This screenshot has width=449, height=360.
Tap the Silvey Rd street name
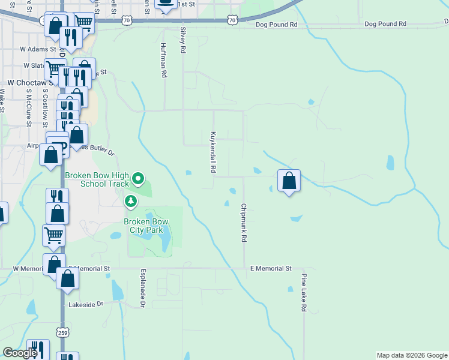point(182,40)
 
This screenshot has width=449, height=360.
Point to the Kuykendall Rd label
point(213,152)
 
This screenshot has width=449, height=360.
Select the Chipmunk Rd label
point(244,223)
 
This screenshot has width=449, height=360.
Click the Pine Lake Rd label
point(304,293)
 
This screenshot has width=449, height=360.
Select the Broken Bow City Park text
point(146,226)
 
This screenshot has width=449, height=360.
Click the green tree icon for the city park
point(130,201)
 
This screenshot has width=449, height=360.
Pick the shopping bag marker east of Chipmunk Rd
point(289,181)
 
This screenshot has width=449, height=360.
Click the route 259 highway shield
point(63,332)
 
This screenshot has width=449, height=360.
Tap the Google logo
point(20,353)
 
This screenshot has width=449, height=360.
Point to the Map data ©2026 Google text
point(412,355)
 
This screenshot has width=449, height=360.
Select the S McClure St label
point(28,109)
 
